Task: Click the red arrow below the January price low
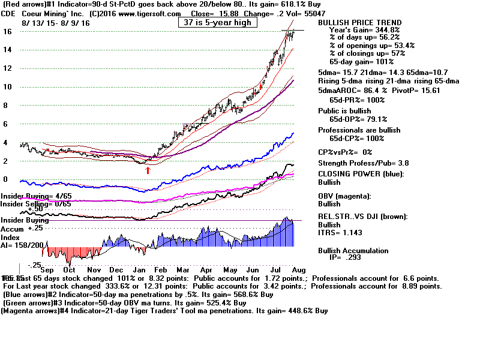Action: pyautogui.click(x=148, y=170)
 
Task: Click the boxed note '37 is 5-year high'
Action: pyautogui.click(x=217, y=22)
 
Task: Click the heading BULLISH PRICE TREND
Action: pyautogui.click(x=360, y=22)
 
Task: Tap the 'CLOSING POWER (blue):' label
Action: pyautogui.click(x=361, y=174)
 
